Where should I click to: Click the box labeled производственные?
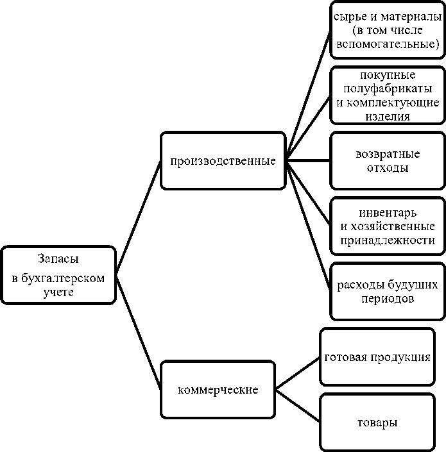[x=223, y=160]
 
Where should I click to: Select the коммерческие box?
[x=218, y=390]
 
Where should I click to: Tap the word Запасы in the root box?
[x=58, y=260]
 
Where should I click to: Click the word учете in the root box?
[x=58, y=292]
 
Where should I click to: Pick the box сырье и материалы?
[x=387, y=29]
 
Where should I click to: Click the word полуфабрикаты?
[x=388, y=88]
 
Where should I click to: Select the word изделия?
[x=388, y=117]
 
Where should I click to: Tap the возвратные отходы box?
[x=387, y=161]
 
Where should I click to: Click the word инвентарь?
[x=388, y=212]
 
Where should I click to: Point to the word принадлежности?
[x=388, y=240]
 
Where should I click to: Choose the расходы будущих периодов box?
[x=387, y=291]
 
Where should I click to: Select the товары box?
[x=377, y=423]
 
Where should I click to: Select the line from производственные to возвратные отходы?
[x=308, y=160]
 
